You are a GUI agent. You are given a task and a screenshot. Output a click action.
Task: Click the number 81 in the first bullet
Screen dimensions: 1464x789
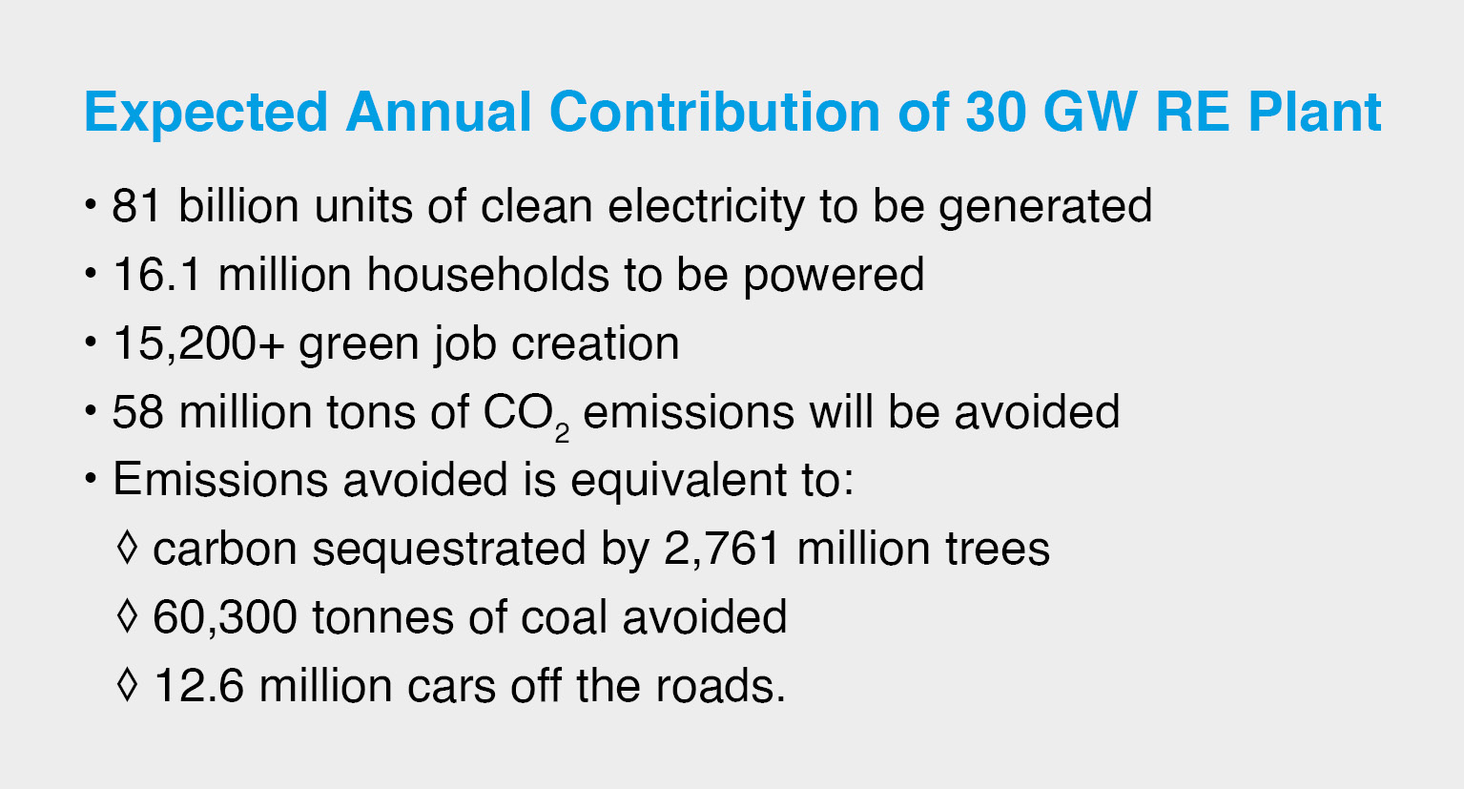click(x=136, y=206)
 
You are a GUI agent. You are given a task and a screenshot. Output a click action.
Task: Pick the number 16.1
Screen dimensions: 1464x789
click(x=156, y=275)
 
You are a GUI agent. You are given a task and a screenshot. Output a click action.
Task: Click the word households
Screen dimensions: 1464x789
click(x=488, y=274)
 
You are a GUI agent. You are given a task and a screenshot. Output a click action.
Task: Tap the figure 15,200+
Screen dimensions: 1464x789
click(x=198, y=344)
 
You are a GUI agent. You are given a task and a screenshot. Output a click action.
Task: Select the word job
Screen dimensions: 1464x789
click(x=465, y=345)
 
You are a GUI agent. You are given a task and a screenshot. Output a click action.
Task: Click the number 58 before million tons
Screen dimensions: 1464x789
click(x=138, y=412)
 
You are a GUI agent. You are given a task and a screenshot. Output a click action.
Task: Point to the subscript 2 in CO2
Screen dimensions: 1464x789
click(x=562, y=433)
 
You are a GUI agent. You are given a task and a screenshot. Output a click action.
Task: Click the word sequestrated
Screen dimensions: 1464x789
click(x=448, y=550)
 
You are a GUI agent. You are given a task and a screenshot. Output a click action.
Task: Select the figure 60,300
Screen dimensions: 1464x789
click(x=225, y=617)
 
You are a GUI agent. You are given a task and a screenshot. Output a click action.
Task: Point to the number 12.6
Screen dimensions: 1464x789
click(x=198, y=686)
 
